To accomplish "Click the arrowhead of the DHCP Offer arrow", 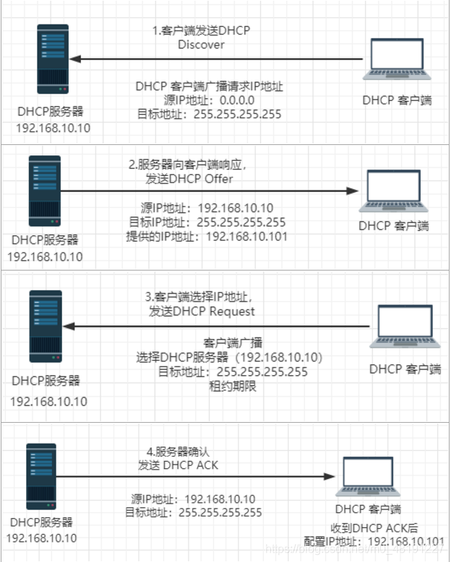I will (352, 191).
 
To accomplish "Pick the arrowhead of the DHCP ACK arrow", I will (330, 476).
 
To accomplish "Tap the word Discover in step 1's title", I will (201, 45).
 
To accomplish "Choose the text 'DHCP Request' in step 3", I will (218, 312).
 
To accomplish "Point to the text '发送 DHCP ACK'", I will (178, 465).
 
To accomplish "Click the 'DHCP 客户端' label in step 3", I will (405, 369).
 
